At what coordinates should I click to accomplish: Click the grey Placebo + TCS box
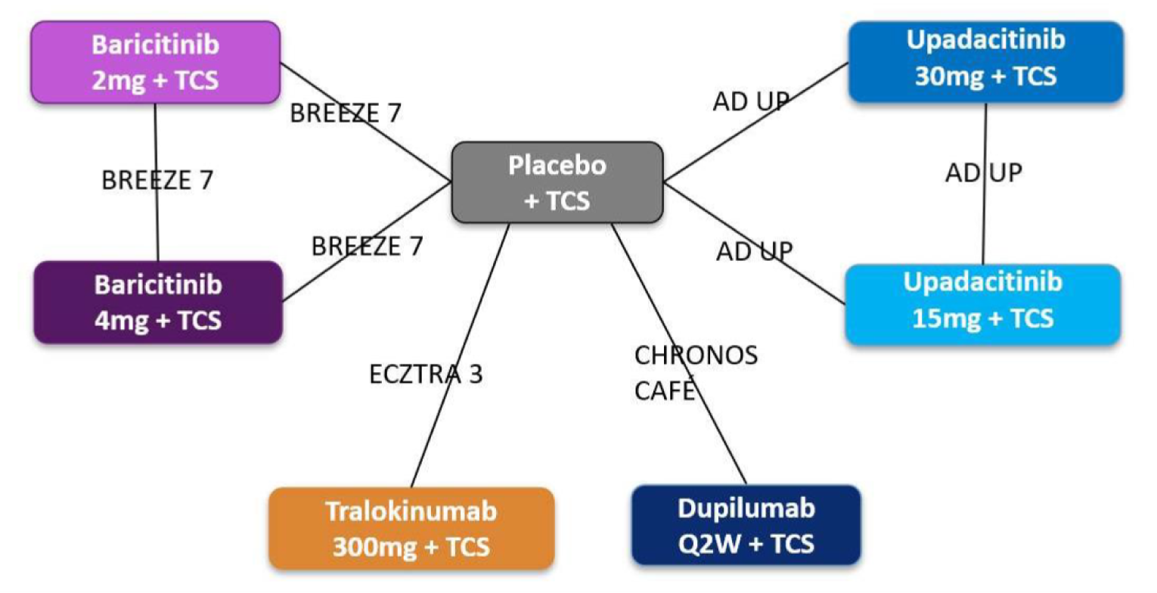pos(557,182)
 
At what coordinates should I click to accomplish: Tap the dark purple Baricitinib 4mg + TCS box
pos(158,302)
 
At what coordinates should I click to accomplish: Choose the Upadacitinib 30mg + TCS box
pos(985,61)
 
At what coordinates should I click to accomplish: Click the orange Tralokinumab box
pos(411,528)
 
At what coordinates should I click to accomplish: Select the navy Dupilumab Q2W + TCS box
pos(746,525)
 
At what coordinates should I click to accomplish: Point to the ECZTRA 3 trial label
pos(426,374)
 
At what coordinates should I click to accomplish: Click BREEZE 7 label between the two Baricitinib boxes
pos(157,180)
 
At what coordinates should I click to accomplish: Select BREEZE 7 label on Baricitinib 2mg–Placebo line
pos(346,113)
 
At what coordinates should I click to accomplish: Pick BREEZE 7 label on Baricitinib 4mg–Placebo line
pos(367,246)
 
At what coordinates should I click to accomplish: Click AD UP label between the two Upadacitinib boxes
pos(983,172)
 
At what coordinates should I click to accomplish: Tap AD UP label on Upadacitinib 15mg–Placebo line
pos(755,252)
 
